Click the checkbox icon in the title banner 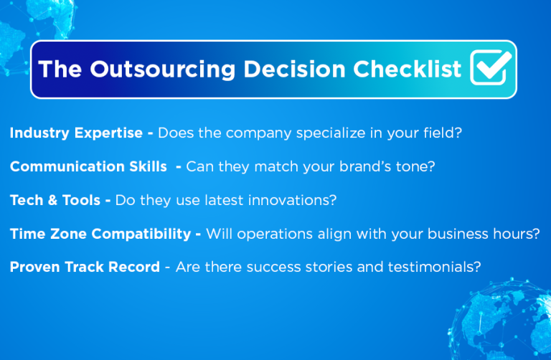(491, 69)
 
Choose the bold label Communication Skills (88, 166)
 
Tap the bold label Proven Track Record (85, 267)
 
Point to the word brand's (373, 166)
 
